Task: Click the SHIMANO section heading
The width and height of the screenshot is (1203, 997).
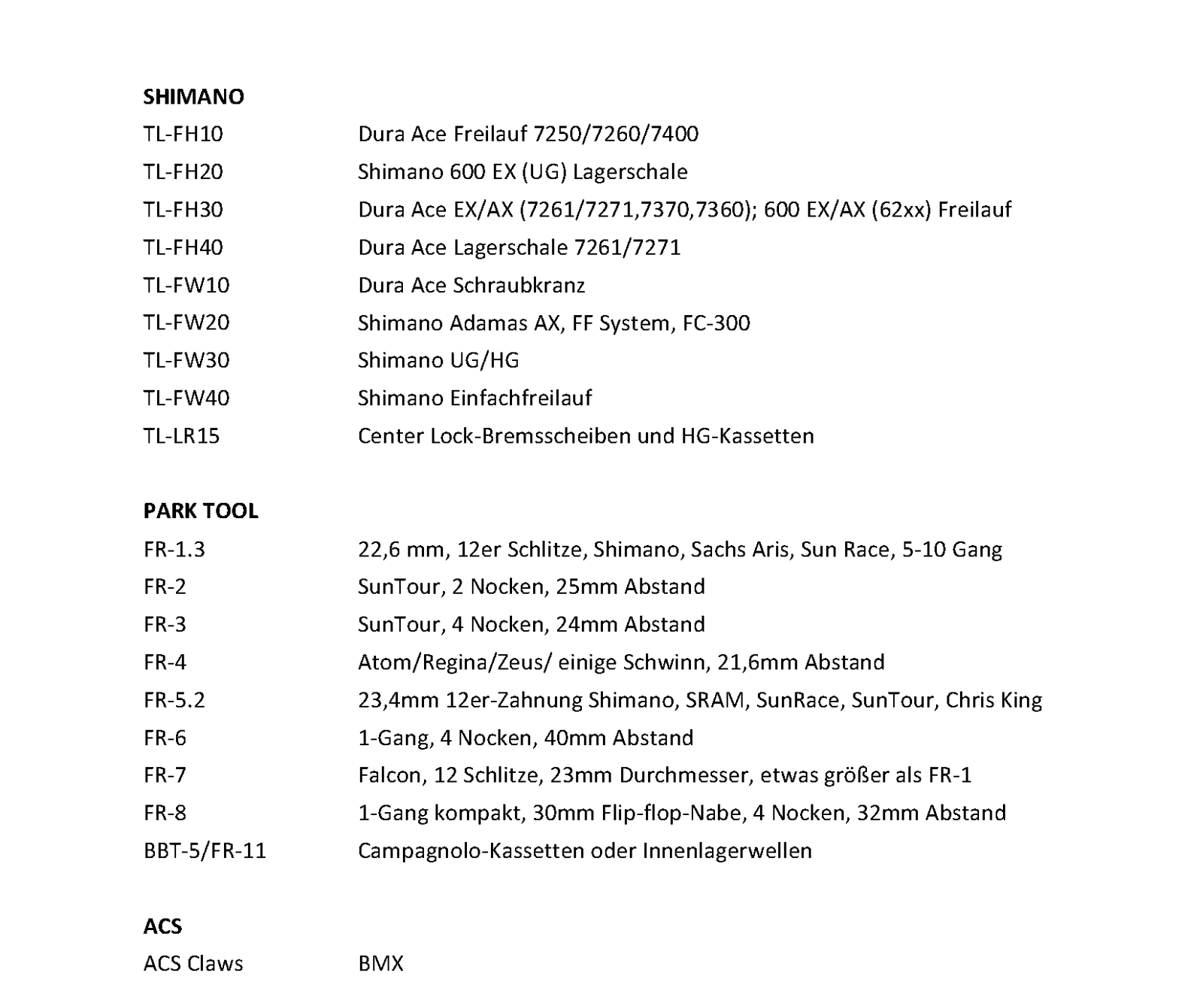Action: (193, 97)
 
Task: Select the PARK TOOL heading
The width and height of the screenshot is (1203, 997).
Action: (201, 511)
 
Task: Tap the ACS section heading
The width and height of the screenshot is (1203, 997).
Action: (162, 926)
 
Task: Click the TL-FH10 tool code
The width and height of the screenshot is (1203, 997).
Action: (183, 135)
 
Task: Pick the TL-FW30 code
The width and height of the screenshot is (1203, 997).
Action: (186, 361)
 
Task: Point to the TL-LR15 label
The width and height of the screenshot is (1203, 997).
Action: (181, 436)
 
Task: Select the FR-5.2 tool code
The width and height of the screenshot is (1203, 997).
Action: (174, 700)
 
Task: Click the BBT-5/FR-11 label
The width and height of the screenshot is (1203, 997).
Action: (205, 851)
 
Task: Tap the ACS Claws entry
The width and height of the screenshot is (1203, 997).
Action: (193, 964)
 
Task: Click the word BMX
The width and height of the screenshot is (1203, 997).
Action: (380, 964)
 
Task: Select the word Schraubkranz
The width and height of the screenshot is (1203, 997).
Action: (519, 286)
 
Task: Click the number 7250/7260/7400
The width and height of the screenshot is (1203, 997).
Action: (616, 135)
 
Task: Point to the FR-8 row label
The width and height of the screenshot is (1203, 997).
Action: (165, 813)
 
